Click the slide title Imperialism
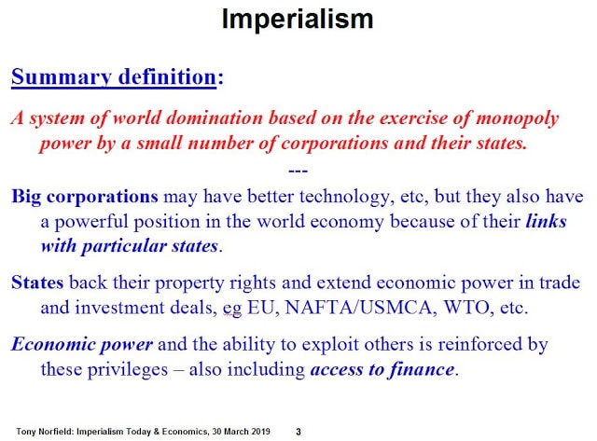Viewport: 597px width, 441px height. click(298, 20)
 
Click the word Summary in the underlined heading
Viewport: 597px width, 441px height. click(62, 77)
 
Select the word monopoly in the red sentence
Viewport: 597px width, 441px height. click(518, 118)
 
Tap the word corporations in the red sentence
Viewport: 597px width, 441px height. click(335, 144)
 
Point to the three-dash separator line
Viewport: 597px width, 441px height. click(298, 172)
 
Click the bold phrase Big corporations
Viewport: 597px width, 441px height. click(85, 198)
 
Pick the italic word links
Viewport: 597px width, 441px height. click(546, 221)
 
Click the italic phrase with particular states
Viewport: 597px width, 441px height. click(130, 246)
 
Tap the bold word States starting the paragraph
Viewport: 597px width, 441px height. click(37, 283)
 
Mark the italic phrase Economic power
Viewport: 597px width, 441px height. click(82, 345)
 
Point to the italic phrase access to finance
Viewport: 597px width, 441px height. click(382, 369)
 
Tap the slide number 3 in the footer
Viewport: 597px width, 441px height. click(298, 432)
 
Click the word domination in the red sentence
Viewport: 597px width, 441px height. click(215, 118)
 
